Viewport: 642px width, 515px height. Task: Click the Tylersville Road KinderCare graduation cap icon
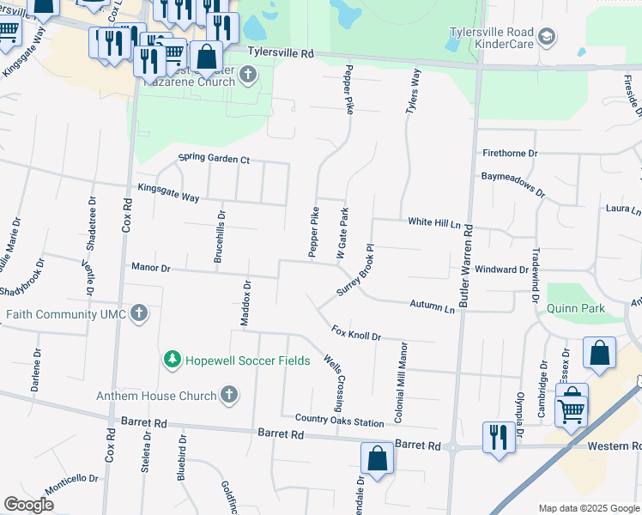[x=547, y=37]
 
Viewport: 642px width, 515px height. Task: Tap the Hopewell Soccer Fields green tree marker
[x=173, y=360]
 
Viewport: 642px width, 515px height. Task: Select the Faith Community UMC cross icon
[x=139, y=314]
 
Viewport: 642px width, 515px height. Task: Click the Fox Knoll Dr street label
[x=355, y=332]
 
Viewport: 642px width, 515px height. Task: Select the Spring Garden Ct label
[x=214, y=159]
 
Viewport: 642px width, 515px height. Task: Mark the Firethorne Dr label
[x=510, y=153]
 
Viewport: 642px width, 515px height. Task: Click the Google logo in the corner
[x=29, y=505]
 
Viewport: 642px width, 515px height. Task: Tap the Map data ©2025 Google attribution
[x=588, y=508]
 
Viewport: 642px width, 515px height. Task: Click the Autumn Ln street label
[x=432, y=306]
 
